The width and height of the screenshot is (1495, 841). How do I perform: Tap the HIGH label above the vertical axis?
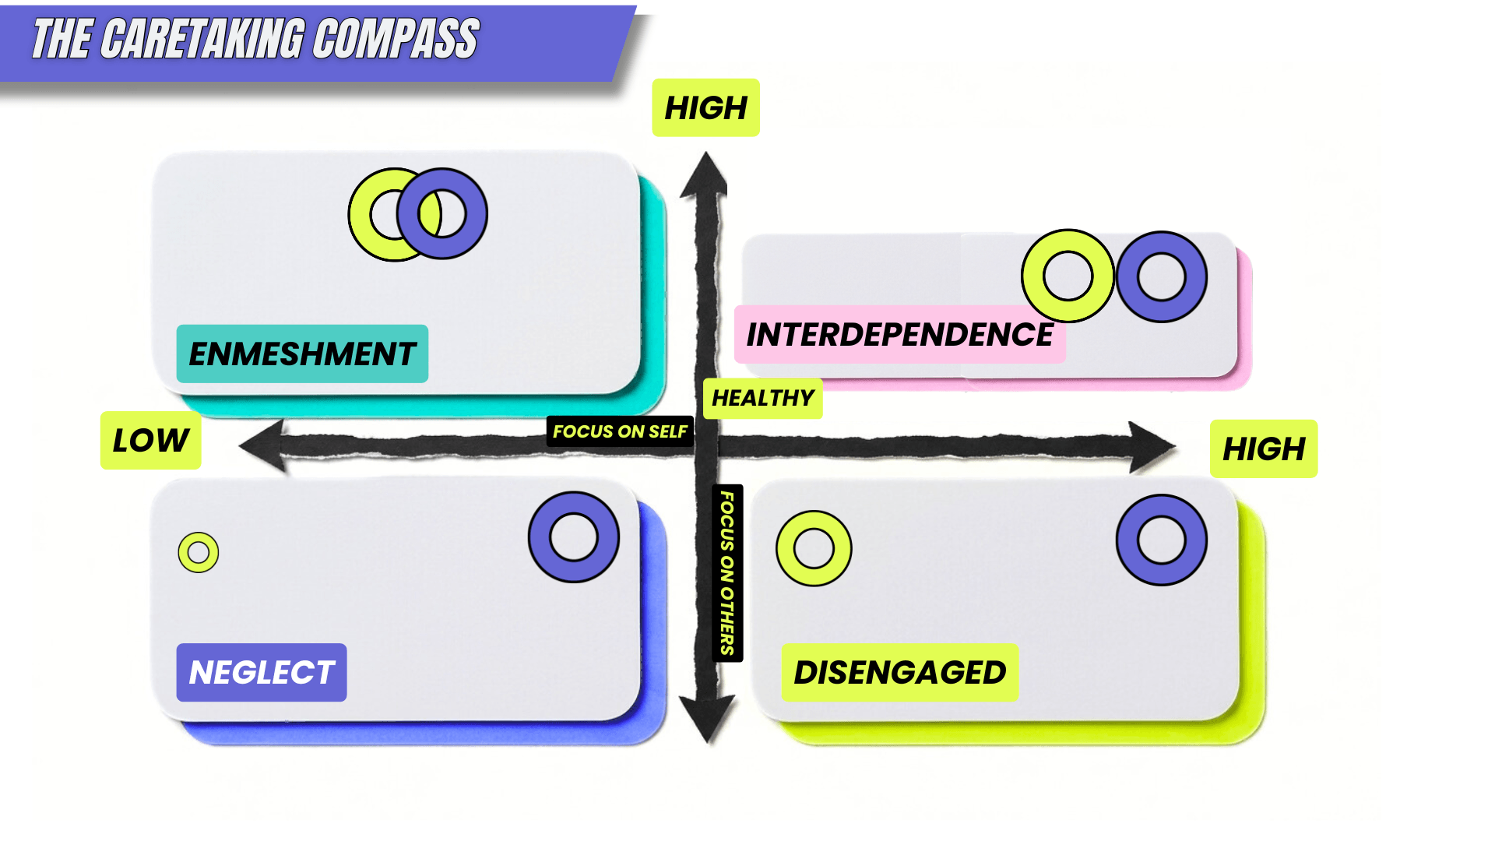point(705,107)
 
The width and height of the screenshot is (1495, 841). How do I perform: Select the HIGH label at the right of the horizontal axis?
point(1263,449)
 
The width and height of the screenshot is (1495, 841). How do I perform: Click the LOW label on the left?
point(150,440)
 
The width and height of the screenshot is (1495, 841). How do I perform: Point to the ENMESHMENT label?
point(302,354)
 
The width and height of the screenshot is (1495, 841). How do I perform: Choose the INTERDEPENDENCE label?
point(899,334)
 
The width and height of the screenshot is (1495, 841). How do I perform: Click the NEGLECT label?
point(262,672)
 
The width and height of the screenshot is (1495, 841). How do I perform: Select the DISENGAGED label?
point(899,672)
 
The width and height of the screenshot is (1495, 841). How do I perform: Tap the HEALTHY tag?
point(762,398)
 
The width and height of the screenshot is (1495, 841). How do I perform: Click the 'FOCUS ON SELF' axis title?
point(620,431)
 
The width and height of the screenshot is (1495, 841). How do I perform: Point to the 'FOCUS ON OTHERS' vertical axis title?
point(727,573)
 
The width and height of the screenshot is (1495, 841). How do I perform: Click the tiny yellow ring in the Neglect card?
point(199,553)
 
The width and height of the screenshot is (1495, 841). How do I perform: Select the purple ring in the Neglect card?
point(574,537)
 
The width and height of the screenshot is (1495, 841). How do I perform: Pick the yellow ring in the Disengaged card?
point(814,548)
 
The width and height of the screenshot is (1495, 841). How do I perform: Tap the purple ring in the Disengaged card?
point(1161,540)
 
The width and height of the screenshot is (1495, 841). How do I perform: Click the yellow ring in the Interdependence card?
point(1068,276)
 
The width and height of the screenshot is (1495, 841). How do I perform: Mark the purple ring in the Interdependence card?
point(1161,276)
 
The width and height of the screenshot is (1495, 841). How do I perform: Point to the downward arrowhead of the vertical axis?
point(707,716)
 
